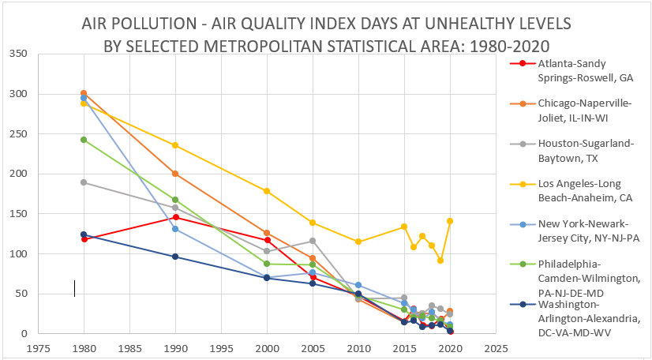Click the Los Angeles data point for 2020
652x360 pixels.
(x=450, y=221)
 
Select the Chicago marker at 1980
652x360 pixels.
(x=84, y=93)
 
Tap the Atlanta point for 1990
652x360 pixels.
(x=175, y=217)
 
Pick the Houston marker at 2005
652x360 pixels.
(x=313, y=241)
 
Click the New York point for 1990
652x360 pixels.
(x=175, y=229)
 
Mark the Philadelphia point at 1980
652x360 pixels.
(x=84, y=140)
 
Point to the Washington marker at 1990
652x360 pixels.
(x=175, y=257)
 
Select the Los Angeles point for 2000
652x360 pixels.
(x=267, y=191)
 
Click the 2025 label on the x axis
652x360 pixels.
(x=496, y=346)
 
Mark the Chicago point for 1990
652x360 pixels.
(x=175, y=174)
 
